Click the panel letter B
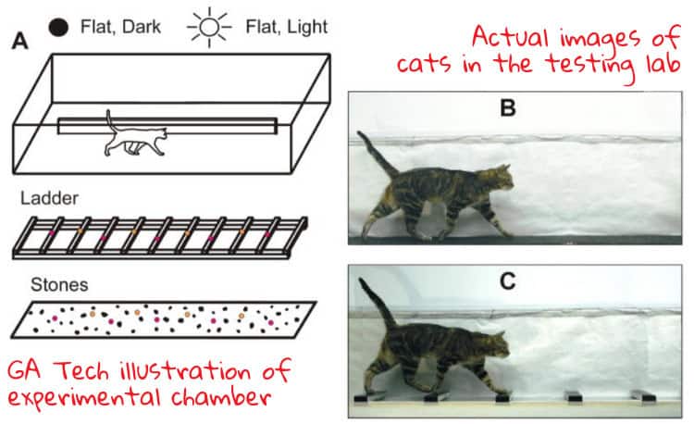(507, 108)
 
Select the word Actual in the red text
(513, 37)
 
